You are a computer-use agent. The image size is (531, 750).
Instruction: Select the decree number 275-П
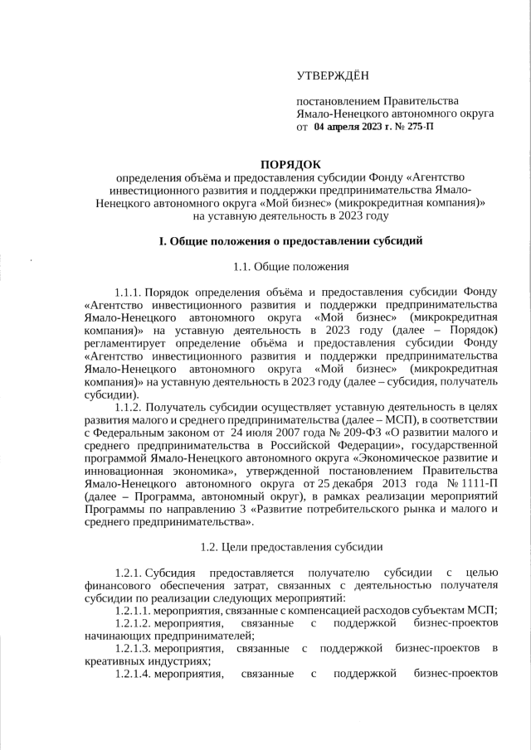pos(417,128)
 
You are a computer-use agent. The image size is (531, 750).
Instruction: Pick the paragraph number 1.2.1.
pos(130,573)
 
